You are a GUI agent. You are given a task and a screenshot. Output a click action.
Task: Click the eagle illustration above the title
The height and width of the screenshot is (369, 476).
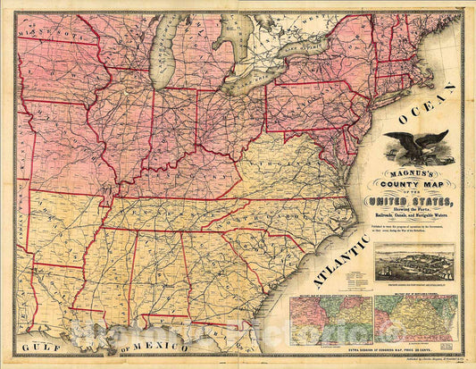(416, 144)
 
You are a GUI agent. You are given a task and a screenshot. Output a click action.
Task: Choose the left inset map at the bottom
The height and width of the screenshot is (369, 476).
(330, 319)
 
